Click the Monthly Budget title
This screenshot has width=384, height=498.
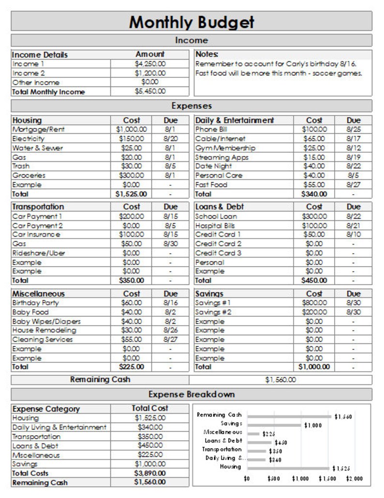192,22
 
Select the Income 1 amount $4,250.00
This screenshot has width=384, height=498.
150,64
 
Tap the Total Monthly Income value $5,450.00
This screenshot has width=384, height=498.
150,91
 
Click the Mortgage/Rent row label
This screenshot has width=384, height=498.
38,129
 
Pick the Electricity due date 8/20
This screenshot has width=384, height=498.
171,139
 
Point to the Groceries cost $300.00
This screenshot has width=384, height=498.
131,175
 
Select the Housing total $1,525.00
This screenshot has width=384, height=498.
131,194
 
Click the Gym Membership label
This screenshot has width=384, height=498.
225,148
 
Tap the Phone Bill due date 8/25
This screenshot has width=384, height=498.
354,129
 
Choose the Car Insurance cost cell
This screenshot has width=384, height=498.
131,235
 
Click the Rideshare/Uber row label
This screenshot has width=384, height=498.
39,253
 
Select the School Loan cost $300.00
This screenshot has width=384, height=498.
314,216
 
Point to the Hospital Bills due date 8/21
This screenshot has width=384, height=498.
354,226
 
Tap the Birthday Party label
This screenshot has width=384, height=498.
35,303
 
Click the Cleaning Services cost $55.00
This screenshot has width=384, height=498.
131,340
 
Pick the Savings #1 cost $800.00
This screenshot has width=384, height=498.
314,303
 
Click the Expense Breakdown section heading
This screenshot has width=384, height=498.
192,394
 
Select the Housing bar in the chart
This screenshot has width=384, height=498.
289,468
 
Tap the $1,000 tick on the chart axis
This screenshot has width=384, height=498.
300,479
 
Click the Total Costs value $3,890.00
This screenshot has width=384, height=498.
150,473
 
